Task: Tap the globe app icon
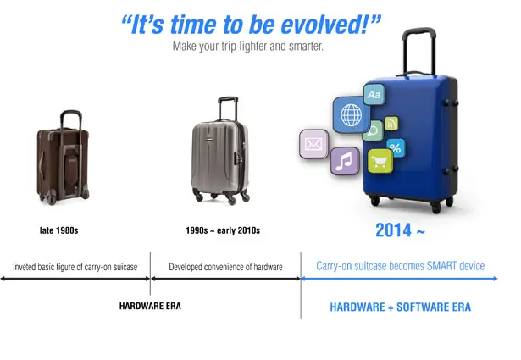[x=352, y=114]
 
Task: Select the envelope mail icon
[x=313, y=144]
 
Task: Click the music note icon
[x=345, y=161]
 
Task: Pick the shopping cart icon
[x=380, y=162]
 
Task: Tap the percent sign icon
[x=396, y=147]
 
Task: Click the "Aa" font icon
[x=374, y=95]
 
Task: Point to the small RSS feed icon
[x=391, y=123]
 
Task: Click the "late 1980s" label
[x=58, y=230]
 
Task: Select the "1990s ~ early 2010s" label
[x=223, y=230]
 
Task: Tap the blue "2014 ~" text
[x=400, y=230]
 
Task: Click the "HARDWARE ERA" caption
[x=150, y=306]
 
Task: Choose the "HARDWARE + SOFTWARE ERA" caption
[x=401, y=307]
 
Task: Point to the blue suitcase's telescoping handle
[x=419, y=50]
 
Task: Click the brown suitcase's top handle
[x=71, y=119]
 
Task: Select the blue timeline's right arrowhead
[x=495, y=279]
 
